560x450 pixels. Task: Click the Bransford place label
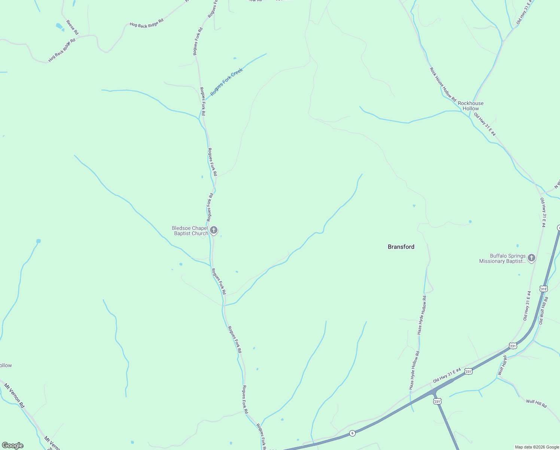coord(401,247)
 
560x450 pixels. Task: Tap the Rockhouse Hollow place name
coord(471,106)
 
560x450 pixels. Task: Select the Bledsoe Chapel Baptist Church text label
coord(190,231)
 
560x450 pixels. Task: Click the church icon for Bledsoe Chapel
coord(214,230)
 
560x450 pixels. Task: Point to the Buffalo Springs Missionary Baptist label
coord(502,258)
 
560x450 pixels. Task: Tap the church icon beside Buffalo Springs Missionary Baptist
coord(531,258)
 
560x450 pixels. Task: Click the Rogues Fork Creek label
coord(226,82)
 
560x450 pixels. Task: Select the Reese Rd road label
coord(72,27)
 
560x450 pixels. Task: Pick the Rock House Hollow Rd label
coord(443,85)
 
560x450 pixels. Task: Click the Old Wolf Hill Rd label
coord(543,311)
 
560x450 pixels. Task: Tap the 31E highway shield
coord(544,289)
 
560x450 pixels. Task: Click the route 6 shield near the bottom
coord(352,433)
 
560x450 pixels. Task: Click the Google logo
coord(12,445)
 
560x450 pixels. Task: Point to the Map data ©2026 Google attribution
coord(537,447)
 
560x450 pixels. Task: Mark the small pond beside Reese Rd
coord(59,26)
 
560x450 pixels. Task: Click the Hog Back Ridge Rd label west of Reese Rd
coord(62,50)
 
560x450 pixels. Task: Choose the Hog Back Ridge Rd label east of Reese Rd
coord(146,23)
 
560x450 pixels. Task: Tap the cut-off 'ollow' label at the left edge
coord(6,365)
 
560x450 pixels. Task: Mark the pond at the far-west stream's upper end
coord(38,241)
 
